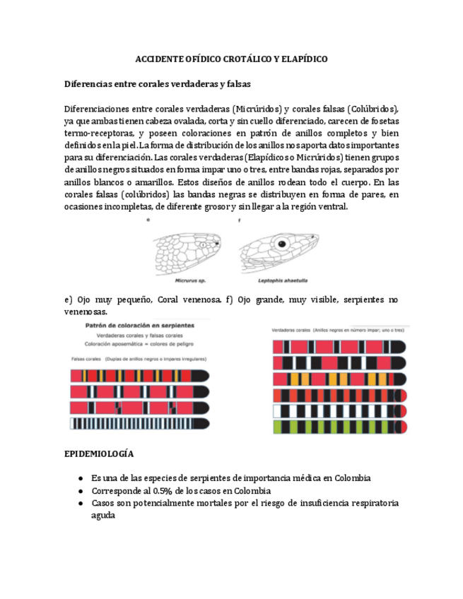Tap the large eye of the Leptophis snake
click(x=283, y=243)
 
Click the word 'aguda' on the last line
click(x=103, y=516)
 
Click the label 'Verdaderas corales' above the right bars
click(x=291, y=330)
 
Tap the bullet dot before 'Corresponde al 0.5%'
click(x=82, y=491)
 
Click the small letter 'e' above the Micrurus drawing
click(x=148, y=220)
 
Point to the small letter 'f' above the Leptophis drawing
click(x=240, y=220)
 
